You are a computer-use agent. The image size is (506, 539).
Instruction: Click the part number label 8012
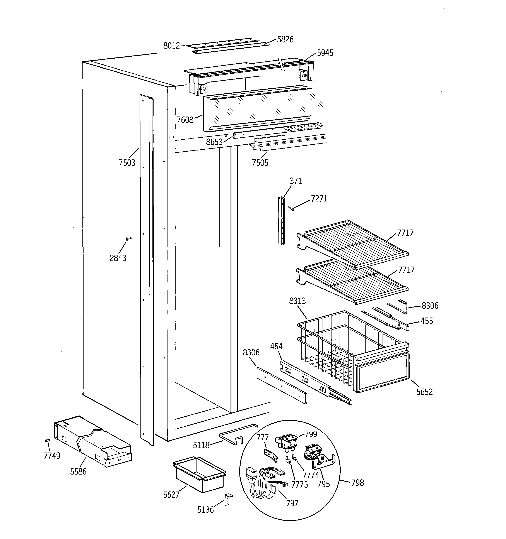(171, 46)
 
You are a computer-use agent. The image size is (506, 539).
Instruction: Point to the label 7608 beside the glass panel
(185, 120)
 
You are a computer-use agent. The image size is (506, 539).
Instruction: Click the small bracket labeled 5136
(228, 499)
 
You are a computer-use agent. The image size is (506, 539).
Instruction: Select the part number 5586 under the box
(78, 471)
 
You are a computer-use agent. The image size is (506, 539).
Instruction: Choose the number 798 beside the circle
(357, 483)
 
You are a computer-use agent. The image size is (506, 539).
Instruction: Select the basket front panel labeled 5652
(382, 372)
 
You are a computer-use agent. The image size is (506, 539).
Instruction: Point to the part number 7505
(260, 163)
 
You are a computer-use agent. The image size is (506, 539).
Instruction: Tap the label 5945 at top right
(325, 53)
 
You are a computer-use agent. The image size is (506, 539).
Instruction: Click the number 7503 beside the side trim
(127, 163)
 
